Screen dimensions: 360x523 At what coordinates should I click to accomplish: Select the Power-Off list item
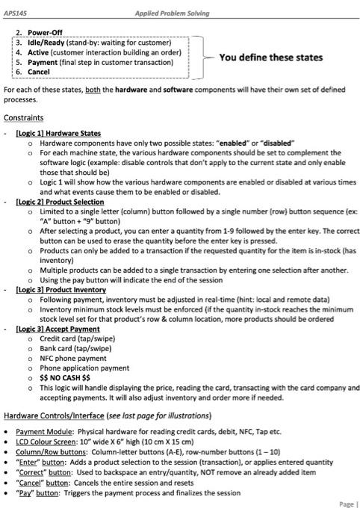[45, 33]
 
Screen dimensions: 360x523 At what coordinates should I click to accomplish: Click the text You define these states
[270, 58]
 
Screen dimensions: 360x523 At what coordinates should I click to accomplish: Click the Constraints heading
[23, 118]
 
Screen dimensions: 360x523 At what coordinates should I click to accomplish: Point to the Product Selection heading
[60, 202]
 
